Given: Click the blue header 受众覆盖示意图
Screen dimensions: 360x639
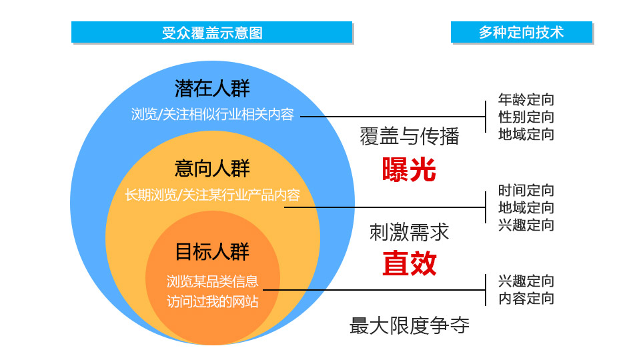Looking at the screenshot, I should [212, 32].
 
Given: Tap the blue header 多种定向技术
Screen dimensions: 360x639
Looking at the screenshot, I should [521, 32].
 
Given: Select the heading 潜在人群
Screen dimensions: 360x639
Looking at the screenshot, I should [212, 88].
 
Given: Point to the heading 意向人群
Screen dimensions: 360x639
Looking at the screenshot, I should [212, 168].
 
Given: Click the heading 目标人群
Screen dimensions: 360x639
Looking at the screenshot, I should [212, 252].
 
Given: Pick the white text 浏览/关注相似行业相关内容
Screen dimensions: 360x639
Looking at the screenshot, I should [212, 114].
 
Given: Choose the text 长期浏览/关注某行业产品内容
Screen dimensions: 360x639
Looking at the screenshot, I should [212, 195].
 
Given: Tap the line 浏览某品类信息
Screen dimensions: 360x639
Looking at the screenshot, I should [212, 281].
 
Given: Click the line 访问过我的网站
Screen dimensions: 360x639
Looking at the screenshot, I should [212, 301].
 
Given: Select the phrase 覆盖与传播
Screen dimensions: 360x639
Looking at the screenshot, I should [410, 136].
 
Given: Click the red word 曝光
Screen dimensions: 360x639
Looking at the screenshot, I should [409, 170].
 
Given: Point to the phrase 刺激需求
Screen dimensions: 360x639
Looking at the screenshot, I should [410, 232].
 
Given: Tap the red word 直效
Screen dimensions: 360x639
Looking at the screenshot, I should [409, 264].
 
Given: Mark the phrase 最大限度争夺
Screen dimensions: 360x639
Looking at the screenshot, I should [410, 326].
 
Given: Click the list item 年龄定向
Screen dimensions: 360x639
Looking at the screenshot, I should [526, 100].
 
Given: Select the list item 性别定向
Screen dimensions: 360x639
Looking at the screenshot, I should [526, 117].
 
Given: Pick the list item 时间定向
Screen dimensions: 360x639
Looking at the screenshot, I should [526, 190].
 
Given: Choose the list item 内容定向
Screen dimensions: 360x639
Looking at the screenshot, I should [526, 299].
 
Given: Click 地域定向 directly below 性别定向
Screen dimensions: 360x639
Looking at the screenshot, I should [526, 135].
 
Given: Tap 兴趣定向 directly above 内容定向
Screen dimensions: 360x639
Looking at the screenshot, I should [526, 281].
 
